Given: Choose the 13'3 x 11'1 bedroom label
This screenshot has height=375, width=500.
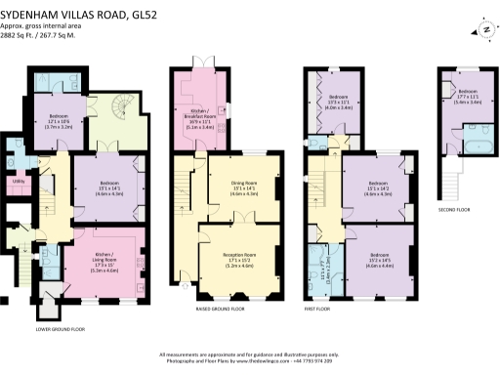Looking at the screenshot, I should coord(339,103).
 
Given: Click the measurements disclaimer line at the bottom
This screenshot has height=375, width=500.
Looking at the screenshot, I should coord(249,354).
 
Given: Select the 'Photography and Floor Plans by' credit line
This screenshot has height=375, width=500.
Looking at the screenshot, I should coord(249,360).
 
